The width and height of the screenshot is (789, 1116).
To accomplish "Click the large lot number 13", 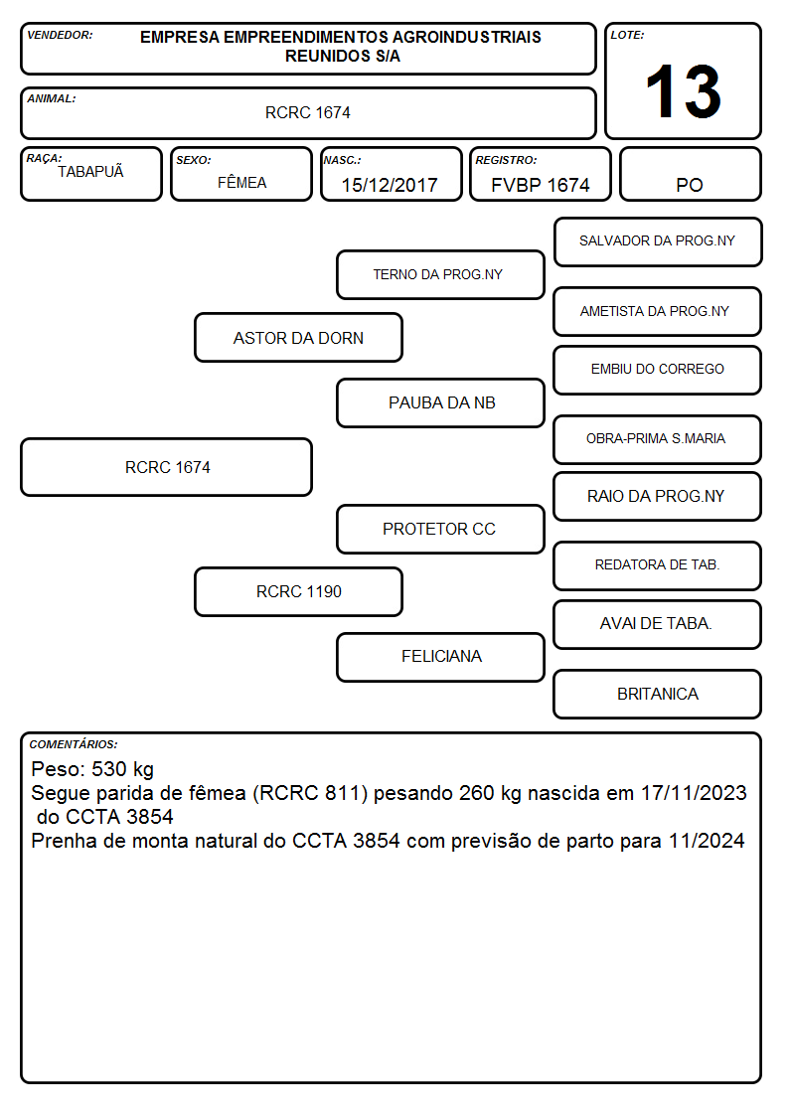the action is click(x=683, y=91).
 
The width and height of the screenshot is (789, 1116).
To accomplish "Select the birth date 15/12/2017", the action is click(x=390, y=185).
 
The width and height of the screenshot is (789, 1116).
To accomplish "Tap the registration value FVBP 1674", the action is click(x=540, y=185).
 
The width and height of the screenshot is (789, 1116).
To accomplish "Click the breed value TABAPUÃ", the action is click(x=90, y=171).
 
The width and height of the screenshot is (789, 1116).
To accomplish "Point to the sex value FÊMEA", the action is click(x=241, y=182).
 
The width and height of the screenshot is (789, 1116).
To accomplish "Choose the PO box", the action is click(x=690, y=174).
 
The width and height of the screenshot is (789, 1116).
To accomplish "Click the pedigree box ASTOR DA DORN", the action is click(x=298, y=337).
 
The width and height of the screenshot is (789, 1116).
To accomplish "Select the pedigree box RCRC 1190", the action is click(x=298, y=591).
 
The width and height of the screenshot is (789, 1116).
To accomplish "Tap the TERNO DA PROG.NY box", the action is click(x=440, y=274).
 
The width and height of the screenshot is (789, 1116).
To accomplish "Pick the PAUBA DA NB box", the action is click(x=440, y=402).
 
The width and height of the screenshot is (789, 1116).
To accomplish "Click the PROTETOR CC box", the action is click(x=440, y=529).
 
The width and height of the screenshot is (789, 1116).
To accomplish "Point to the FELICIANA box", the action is click(x=440, y=657).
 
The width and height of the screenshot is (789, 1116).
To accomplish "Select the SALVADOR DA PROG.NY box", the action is click(x=658, y=242).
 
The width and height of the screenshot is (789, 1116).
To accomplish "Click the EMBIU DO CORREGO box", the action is click(x=658, y=370).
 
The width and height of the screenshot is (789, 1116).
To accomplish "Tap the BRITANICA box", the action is click(x=658, y=694).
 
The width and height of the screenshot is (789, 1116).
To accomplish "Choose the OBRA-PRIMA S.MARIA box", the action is click(x=658, y=439).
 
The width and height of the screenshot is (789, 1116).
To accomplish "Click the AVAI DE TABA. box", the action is click(x=658, y=624).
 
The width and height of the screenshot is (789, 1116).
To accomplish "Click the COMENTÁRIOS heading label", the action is click(x=74, y=744).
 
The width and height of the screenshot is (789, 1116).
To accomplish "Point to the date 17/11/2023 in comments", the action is click(x=694, y=793).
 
